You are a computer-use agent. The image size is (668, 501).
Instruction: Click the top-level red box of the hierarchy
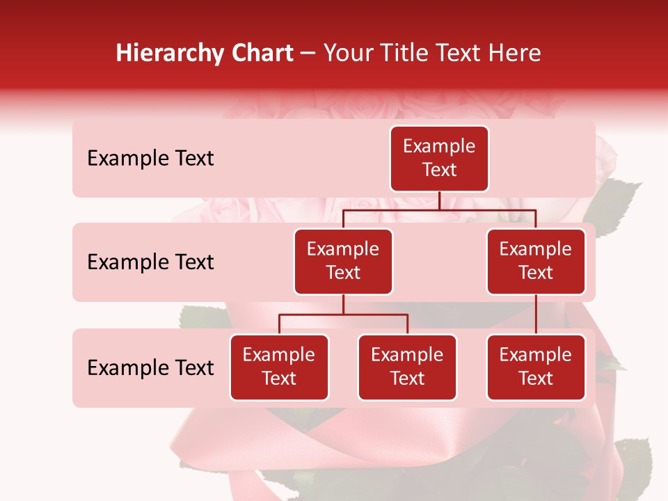click(439, 159)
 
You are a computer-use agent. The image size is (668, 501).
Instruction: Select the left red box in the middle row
click(343, 262)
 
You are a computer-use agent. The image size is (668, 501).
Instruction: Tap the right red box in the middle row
click(536, 262)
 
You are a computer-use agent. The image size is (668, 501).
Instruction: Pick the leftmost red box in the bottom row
click(279, 367)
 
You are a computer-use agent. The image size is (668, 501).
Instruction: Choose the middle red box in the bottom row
click(407, 367)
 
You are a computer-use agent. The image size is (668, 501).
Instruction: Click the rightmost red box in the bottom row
click(536, 367)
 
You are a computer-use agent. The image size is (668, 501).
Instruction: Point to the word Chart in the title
click(261, 53)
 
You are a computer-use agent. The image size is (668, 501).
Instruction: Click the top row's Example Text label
click(150, 159)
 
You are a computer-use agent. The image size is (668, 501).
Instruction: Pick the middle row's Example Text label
click(150, 262)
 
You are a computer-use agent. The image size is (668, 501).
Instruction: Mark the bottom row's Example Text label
click(150, 368)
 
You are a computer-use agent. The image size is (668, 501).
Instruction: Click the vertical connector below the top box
click(439, 200)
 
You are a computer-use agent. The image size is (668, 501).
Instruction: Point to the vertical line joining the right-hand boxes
click(536, 315)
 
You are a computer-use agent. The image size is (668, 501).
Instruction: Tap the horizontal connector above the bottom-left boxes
click(343, 315)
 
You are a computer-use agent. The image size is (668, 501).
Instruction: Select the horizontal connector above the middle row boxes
click(439, 209)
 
